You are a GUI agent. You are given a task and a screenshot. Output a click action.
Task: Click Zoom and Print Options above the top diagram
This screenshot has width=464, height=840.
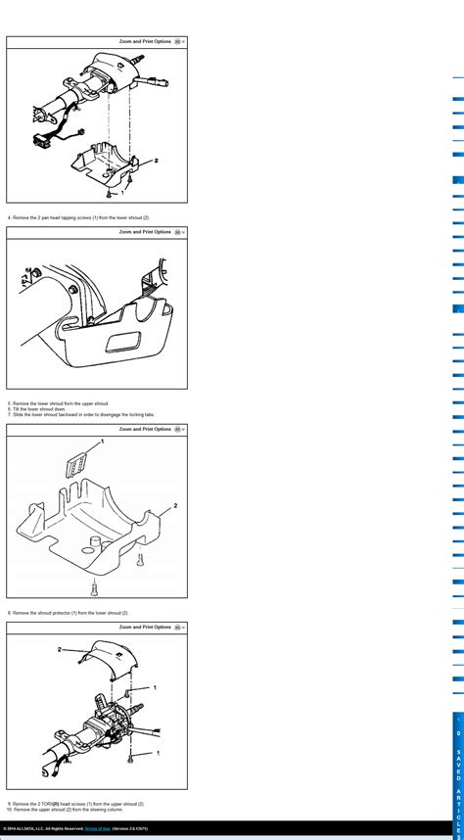145,42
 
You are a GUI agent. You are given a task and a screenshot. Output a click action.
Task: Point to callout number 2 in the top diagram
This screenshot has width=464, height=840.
156,160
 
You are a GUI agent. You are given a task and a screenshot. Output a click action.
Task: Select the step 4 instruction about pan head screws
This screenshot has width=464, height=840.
78,217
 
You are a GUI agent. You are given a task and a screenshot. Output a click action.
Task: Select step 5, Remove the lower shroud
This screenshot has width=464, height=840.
59,403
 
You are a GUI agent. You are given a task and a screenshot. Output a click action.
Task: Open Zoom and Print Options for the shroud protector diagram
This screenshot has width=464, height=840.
145,429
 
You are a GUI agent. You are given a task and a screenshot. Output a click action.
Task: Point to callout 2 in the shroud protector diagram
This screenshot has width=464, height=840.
175,505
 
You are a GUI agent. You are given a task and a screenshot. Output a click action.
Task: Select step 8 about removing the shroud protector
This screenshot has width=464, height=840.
69,613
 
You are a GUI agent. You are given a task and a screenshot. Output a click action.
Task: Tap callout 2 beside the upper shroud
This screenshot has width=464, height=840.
60,649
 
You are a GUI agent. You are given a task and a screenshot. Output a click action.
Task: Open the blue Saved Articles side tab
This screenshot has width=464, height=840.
457,773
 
